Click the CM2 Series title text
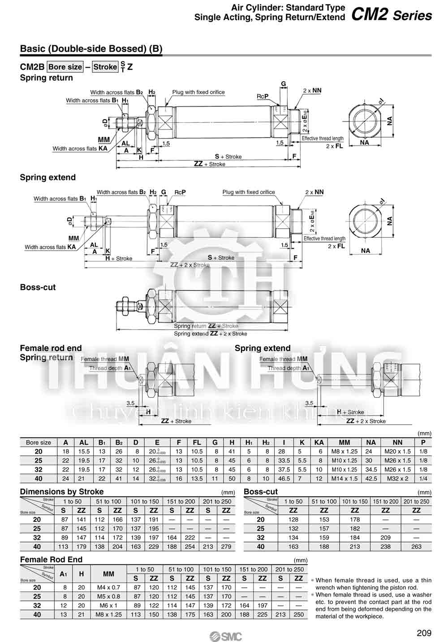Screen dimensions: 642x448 click(x=391, y=15)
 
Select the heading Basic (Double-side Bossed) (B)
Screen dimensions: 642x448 click(x=91, y=49)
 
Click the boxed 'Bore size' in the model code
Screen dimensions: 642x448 click(x=65, y=67)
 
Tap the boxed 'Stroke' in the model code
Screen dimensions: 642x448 click(x=105, y=67)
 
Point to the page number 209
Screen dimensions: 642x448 click(x=424, y=633)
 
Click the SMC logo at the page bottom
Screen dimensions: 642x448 click(x=225, y=636)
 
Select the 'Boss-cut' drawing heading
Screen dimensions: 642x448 click(x=38, y=287)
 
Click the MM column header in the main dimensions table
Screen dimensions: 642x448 click(x=345, y=442)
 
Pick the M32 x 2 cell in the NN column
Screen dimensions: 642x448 click(x=397, y=478)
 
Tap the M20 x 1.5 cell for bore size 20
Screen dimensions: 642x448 click(x=397, y=451)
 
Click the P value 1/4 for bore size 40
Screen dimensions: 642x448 click(x=423, y=478)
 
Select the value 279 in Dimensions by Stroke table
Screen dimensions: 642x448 click(x=226, y=547)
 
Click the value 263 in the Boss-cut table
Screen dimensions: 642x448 click(x=416, y=547)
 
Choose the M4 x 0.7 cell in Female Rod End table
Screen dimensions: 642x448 click(x=108, y=587)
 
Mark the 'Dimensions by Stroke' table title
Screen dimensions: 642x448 click(x=62, y=491)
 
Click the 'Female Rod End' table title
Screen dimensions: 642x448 click(x=52, y=560)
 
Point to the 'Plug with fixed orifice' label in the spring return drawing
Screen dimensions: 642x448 click(x=198, y=92)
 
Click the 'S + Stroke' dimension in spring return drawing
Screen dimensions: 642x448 click(x=228, y=156)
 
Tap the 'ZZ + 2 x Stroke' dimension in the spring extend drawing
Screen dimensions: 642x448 click(x=190, y=265)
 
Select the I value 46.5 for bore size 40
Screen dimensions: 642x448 click(x=282, y=478)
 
